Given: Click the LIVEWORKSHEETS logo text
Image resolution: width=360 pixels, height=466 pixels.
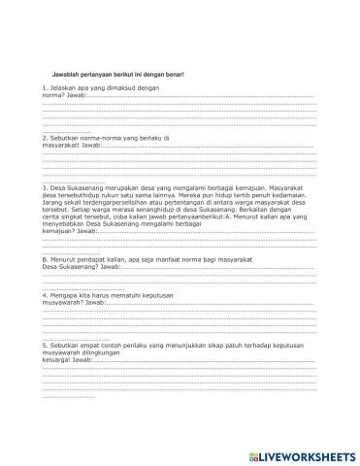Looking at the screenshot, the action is tap(300, 454).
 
